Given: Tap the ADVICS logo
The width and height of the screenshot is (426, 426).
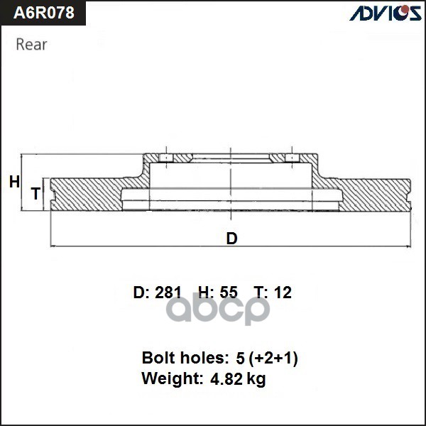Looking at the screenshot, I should pyautogui.click(x=383, y=13).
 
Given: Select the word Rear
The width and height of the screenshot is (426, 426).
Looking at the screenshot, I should pyautogui.click(x=31, y=45).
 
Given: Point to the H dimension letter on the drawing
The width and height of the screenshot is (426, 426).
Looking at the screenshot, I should pyautogui.click(x=13, y=182).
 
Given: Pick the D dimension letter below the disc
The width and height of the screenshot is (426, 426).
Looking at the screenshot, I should pyautogui.click(x=231, y=239).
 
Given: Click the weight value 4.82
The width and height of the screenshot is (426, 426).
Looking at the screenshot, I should pyautogui.click(x=226, y=379).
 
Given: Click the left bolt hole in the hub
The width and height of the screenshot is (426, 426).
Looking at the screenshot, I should pyautogui.click(x=164, y=158).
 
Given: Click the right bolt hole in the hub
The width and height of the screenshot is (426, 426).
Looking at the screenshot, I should pyautogui.click(x=291, y=158).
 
